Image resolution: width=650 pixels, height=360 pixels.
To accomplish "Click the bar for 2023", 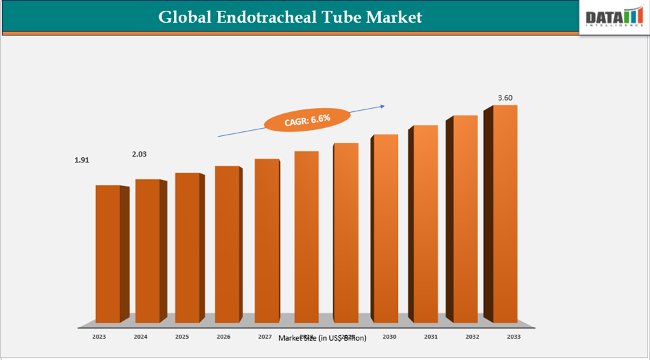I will click(108, 253).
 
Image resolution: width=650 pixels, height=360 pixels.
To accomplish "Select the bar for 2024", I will click(147, 251).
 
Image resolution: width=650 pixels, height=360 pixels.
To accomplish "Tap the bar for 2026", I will click(227, 244).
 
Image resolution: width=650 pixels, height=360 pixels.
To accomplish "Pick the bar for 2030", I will click(385, 229).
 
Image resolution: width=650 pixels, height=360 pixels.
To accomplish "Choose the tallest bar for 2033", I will click(505, 213).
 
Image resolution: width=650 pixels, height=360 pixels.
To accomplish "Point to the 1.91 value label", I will click(81, 160).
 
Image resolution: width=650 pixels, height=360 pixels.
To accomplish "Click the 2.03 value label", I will click(139, 154).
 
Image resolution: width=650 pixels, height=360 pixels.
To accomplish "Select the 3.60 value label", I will click(505, 98).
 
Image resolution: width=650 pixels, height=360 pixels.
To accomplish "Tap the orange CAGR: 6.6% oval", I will click(307, 119).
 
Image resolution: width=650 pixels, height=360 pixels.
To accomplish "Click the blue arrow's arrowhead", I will click(383, 105).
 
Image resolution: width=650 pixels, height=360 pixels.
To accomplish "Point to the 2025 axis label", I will click(182, 337).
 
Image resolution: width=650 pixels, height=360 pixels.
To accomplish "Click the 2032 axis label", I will click(472, 337).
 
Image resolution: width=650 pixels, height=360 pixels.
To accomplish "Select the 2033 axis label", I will click(513, 337).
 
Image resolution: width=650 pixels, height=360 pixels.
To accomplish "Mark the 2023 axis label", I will click(99, 337).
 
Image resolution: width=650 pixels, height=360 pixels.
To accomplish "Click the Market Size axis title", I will click(323, 339).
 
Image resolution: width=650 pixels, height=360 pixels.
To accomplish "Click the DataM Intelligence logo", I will click(612, 18).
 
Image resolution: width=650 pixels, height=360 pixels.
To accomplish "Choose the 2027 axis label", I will click(265, 337).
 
